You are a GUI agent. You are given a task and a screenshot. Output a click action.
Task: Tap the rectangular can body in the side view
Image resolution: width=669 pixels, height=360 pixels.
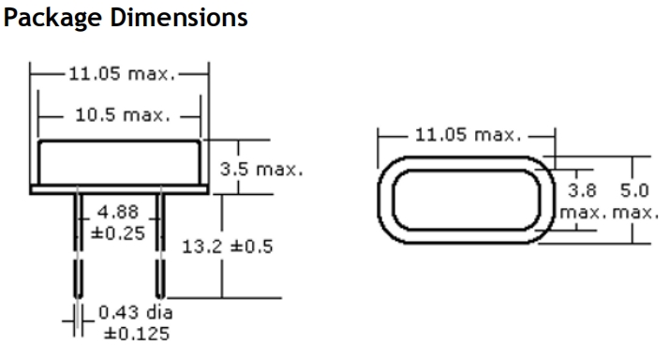tap(119, 161)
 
